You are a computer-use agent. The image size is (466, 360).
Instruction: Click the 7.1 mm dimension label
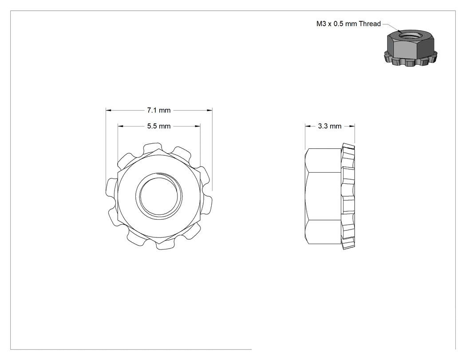159,110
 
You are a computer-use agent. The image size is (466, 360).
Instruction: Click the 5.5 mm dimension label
159,126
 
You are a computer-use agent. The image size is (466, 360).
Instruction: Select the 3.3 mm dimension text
330,126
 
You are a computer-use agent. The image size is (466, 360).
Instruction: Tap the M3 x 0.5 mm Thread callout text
348,24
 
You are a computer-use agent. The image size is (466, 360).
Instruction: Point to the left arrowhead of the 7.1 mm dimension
108,110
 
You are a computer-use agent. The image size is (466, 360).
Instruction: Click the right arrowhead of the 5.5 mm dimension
197,126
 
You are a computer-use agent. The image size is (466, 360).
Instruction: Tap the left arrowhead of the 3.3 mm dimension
308,126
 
